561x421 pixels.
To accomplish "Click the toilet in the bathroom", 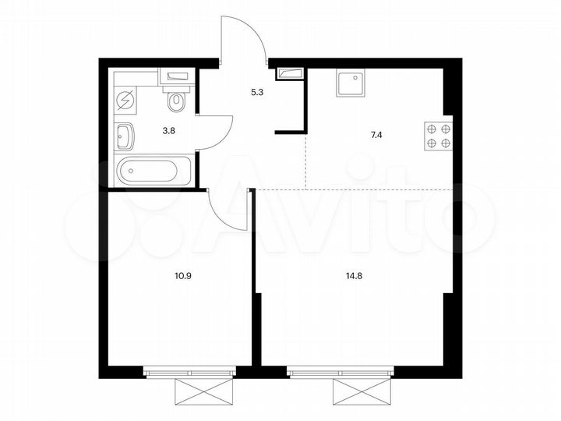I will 176,100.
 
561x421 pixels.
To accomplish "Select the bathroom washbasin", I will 125,136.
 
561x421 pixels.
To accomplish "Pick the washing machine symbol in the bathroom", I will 125,100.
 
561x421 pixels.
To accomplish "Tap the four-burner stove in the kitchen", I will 438,136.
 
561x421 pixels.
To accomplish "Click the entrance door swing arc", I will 244,35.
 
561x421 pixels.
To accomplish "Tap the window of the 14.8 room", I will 338,373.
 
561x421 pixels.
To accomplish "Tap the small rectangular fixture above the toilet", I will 177,76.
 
